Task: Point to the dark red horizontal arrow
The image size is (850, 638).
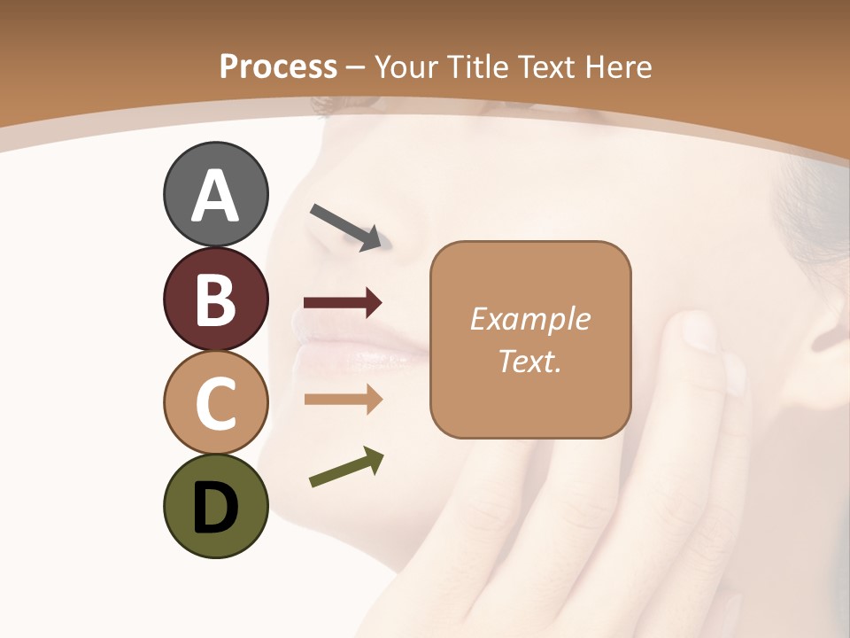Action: pyautogui.click(x=343, y=303)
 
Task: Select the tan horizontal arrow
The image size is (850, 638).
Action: pyautogui.click(x=343, y=400)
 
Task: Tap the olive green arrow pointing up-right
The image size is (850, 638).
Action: pyautogui.click(x=346, y=467)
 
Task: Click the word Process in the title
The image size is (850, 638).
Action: pyautogui.click(x=278, y=67)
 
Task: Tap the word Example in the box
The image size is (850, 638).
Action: pyautogui.click(x=529, y=319)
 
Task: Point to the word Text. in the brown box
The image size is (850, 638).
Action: pyautogui.click(x=529, y=361)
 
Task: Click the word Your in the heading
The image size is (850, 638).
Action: pyautogui.click(x=406, y=67)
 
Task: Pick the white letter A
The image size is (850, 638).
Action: pyautogui.click(x=215, y=196)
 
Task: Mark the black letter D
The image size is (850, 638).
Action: pyautogui.click(x=215, y=509)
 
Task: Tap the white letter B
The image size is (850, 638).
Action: pyautogui.click(x=215, y=300)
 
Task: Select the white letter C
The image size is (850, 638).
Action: pyautogui.click(x=215, y=403)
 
